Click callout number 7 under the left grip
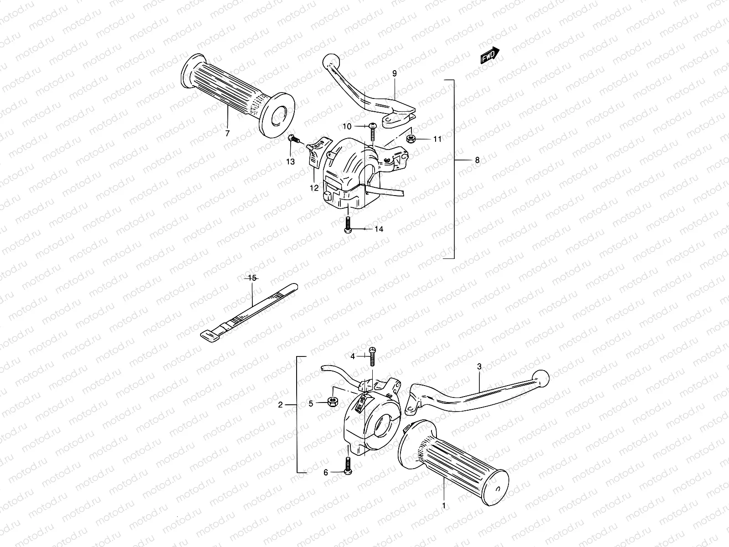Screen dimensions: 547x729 click(227, 133)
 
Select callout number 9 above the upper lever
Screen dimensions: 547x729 click(394, 73)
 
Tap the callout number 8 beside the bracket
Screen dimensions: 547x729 click(477, 160)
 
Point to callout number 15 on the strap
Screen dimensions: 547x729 click(252, 277)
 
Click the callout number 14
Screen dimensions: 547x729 click(379, 229)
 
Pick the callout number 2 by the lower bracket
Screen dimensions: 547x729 click(281, 404)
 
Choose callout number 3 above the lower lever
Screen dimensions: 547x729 click(479, 366)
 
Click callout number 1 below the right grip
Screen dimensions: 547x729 click(444, 505)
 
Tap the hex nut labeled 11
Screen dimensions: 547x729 click(410, 138)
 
